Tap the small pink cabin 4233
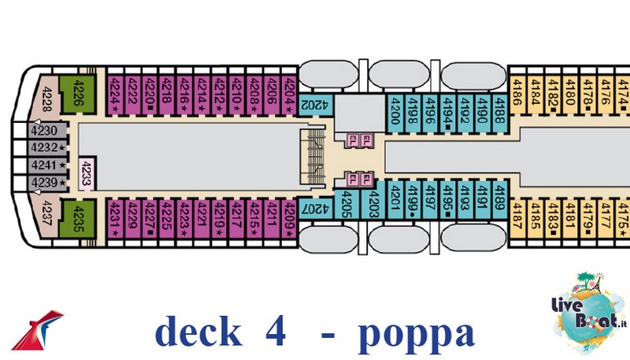(x=86, y=173)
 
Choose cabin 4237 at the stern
(x=48, y=213)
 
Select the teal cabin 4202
(x=312, y=104)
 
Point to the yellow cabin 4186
(x=517, y=99)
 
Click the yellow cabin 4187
(x=517, y=214)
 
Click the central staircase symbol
(x=312, y=154)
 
